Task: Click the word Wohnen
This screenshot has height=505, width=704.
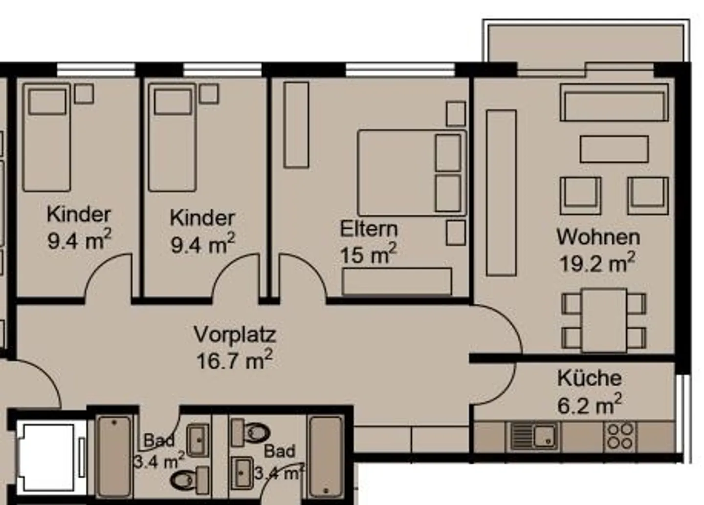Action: click(x=598, y=237)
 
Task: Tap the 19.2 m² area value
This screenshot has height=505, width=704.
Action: click(x=597, y=264)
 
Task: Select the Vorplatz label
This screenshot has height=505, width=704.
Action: click(x=235, y=335)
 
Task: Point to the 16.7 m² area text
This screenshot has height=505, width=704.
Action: click(x=234, y=361)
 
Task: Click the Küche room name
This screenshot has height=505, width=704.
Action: click(x=589, y=378)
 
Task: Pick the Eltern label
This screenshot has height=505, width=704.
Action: click(x=369, y=229)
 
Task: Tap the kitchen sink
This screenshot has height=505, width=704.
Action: click(x=533, y=436)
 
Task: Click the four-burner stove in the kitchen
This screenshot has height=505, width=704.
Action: click(x=620, y=436)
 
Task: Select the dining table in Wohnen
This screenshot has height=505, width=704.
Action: click(x=604, y=320)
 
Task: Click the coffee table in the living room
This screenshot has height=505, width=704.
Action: click(x=614, y=149)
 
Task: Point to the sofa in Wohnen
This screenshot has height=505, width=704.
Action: click(x=614, y=103)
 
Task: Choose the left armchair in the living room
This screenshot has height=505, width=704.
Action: click(x=580, y=195)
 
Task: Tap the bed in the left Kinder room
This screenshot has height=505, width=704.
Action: click(x=47, y=138)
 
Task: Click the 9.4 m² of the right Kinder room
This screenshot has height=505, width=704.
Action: click(x=202, y=244)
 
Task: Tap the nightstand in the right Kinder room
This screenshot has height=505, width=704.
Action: click(x=209, y=94)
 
